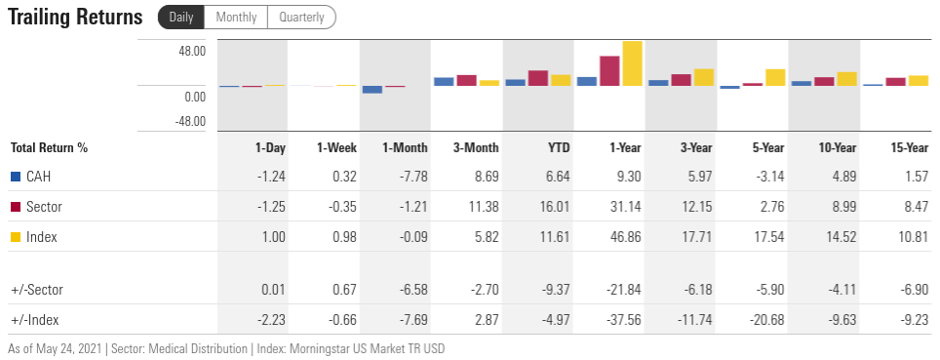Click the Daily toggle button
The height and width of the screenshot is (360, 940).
pos(180,18)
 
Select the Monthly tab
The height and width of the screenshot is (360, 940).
pos(236,18)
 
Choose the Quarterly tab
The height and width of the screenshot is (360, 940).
pos(301,18)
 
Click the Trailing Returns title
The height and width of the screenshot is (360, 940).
pos(75,18)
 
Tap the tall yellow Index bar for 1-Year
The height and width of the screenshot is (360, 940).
pos(632,63)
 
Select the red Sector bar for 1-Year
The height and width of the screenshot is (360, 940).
pos(610,71)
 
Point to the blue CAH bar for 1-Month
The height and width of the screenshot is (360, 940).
pos(372,90)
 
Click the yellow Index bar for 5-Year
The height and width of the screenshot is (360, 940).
pos(775,78)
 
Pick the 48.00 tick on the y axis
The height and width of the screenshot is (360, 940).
pos(192,51)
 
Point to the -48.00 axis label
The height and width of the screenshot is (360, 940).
pos(190,121)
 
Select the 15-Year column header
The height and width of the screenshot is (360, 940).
pos(910,147)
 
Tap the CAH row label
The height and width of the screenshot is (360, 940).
pos(38,177)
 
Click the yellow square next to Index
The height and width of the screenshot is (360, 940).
pos(15,237)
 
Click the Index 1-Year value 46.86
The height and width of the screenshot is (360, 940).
pos(624,237)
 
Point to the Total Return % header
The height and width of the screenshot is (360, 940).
pos(49,147)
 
